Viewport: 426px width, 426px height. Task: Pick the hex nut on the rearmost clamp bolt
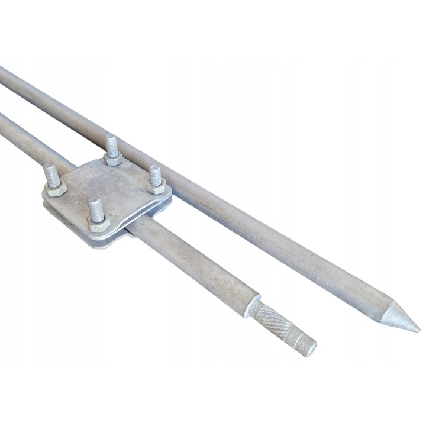point(113,159)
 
